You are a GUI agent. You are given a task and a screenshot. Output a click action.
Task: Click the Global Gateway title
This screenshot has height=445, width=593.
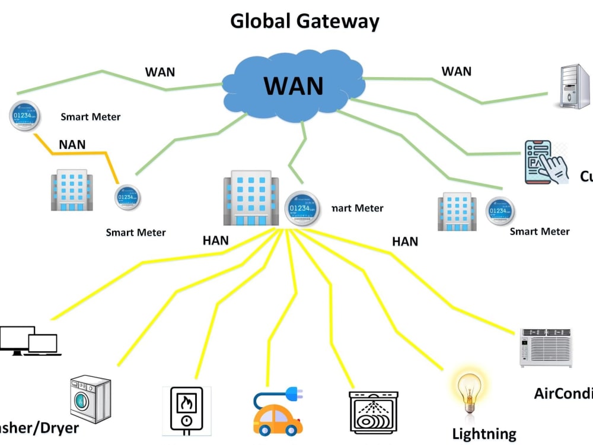click(x=304, y=21)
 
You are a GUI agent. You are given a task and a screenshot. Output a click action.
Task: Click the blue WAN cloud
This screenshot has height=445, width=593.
click(x=294, y=87)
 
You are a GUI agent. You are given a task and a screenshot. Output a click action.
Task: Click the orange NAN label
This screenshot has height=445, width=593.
click(x=72, y=144)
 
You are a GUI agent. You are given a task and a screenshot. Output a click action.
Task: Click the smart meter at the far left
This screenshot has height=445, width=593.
click(x=25, y=116)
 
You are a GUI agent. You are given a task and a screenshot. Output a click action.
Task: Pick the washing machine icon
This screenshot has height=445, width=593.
click(x=90, y=398)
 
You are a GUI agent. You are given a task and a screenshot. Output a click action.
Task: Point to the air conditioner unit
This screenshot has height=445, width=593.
click(x=546, y=347)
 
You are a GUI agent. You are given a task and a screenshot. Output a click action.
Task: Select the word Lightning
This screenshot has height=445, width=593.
click(x=484, y=434)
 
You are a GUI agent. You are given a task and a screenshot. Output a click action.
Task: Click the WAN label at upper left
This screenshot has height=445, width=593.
click(x=160, y=72)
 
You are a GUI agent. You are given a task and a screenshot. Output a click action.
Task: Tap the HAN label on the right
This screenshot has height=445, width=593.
click(x=405, y=241)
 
